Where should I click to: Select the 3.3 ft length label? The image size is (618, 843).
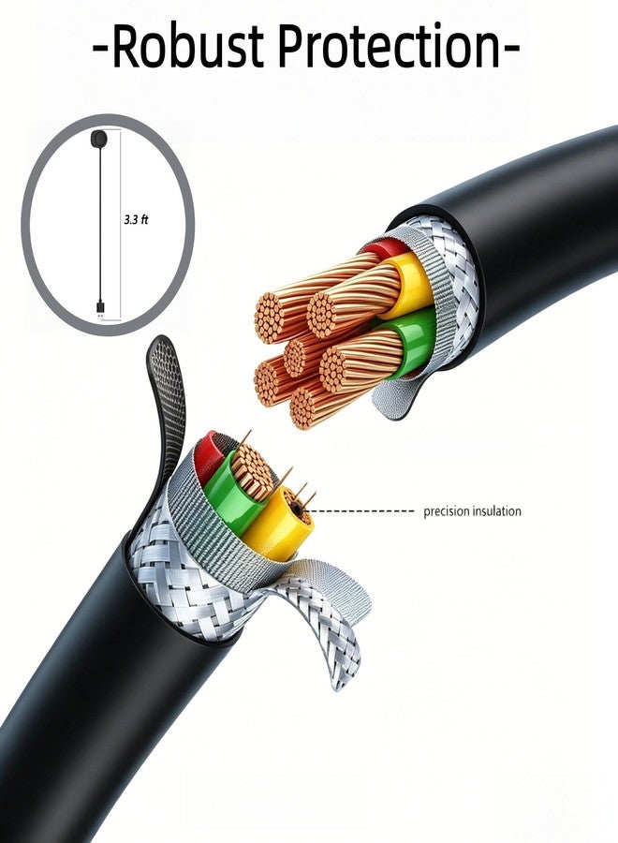point(136,220)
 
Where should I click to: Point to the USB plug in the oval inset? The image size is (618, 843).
point(100,307)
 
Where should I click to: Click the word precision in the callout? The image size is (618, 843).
point(447,511)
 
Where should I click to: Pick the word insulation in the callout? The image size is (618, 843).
point(497,510)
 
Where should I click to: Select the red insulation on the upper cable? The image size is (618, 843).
point(386,248)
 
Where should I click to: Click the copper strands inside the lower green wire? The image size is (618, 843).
point(252,472)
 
